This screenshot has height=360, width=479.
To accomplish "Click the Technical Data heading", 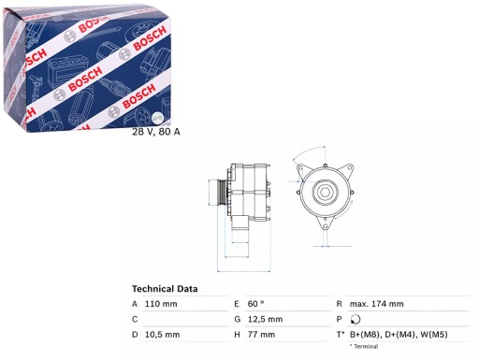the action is click(165, 289).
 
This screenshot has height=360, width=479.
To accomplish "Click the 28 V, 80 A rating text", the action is click(156, 132).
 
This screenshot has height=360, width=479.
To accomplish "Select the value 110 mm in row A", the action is click(161, 304).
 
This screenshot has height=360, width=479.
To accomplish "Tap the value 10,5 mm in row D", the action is click(162, 335).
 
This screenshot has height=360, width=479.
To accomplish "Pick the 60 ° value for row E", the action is click(256, 304).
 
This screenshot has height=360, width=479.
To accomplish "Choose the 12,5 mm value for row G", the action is click(265, 319).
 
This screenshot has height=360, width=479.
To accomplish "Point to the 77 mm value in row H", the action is click(261, 335).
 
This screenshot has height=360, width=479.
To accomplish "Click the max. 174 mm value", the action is click(376, 304).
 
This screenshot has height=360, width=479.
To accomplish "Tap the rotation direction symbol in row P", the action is click(355, 319).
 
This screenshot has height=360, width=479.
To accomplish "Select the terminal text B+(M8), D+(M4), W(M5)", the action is click(399, 335).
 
